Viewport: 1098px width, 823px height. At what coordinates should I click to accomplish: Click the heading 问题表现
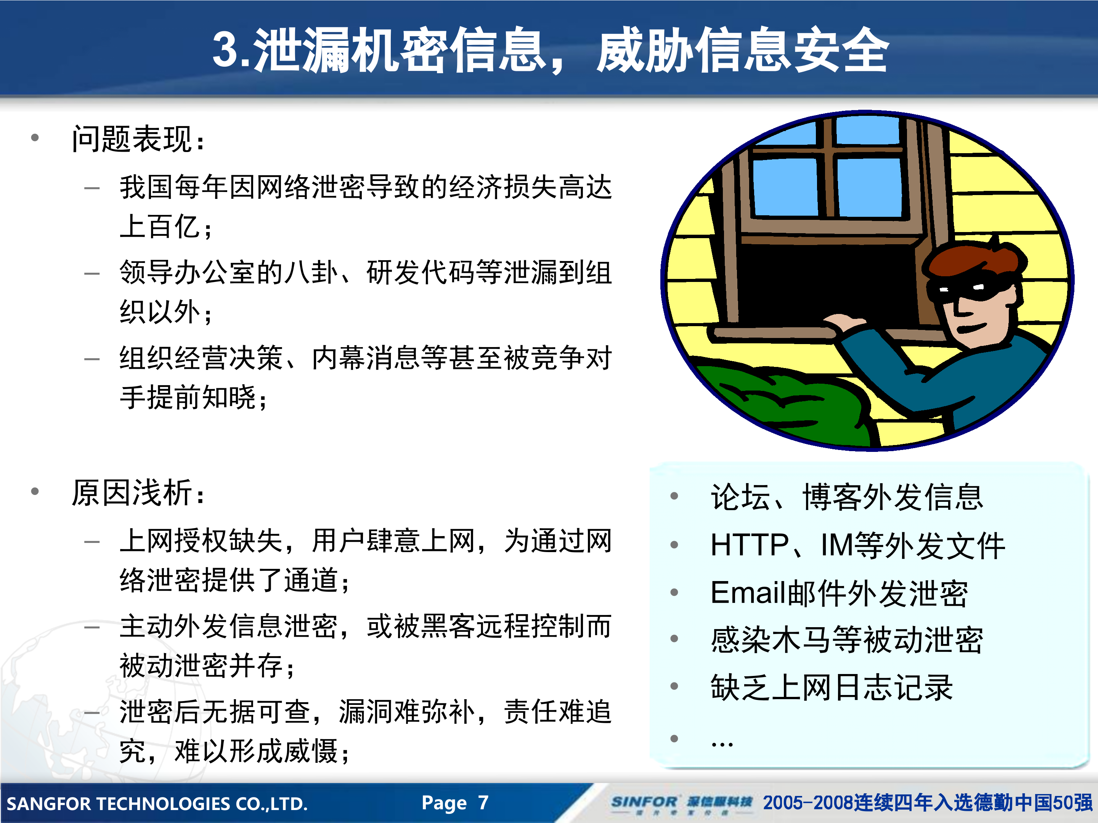pyautogui.click(x=132, y=139)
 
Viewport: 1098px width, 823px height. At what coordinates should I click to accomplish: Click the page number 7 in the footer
pyautogui.click(x=483, y=802)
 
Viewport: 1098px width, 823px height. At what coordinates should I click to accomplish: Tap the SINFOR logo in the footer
pyautogui.click(x=644, y=802)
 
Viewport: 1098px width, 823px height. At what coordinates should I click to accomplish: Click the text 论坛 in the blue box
pyautogui.click(x=740, y=496)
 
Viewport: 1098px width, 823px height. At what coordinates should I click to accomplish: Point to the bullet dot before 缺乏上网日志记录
pyautogui.click(x=674, y=686)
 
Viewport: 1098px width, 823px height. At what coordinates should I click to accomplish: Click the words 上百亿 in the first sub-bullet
pyautogui.click(x=159, y=227)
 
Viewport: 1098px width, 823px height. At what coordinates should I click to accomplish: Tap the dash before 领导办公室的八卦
pyautogui.click(x=92, y=273)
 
